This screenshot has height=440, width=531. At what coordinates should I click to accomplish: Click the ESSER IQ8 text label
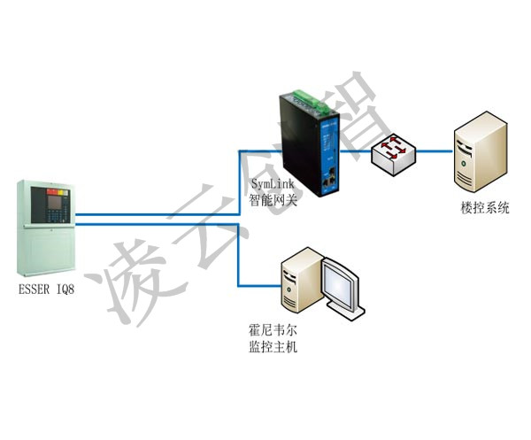tap(46, 289)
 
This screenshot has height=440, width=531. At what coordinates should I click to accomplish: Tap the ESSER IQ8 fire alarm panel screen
tap(54, 203)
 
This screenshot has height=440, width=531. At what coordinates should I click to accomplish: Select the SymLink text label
tap(273, 184)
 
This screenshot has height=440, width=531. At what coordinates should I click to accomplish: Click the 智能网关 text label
tap(273, 200)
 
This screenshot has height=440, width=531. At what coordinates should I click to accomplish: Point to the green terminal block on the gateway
tap(311, 101)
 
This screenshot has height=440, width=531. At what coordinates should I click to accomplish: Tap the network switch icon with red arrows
tap(393, 154)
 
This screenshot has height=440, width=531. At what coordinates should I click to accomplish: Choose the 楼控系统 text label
tap(485, 208)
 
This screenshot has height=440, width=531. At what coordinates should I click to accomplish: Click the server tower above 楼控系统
tap(481, 151)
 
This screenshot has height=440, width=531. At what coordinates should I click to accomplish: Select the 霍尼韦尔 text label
tap(273, 330)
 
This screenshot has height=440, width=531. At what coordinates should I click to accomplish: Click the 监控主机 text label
tap(273, 346)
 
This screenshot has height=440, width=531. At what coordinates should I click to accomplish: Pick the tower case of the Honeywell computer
tap(302, 281)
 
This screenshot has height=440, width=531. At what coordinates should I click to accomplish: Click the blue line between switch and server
tap(435, 151)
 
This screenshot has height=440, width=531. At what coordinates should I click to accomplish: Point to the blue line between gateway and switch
tap(356, 151)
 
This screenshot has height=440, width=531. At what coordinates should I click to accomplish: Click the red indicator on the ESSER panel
tap(52, 192)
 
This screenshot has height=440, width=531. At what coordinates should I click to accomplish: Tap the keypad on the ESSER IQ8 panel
tap(56, 216)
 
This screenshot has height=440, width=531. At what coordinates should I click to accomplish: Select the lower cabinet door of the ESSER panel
tap(46, 250)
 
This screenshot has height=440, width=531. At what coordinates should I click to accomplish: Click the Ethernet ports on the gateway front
tap(329, 179)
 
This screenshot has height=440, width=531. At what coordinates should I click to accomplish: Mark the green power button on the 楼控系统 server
tap(463, 164)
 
